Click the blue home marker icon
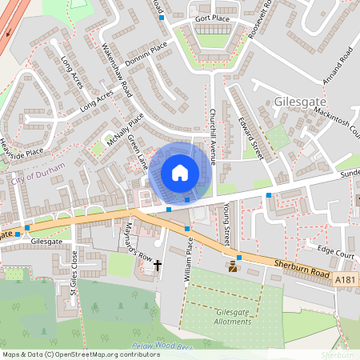coord(180,173)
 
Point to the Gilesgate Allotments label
coord(222,316)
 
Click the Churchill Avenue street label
coord(214,136)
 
